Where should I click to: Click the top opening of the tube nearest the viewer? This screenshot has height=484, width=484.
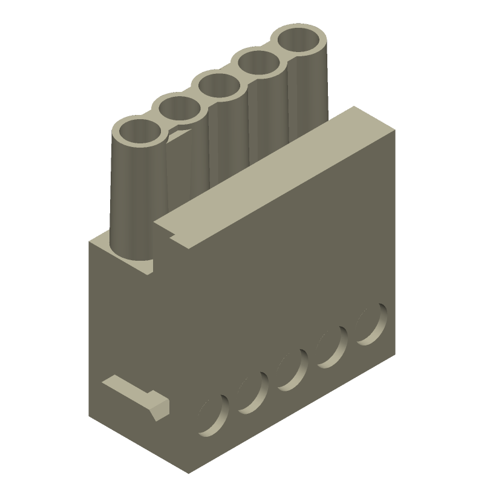point(139,132)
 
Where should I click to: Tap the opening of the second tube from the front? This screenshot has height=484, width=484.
point(180,109)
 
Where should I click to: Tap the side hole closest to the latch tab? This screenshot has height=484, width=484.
point(214,416)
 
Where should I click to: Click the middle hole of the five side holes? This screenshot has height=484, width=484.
point(292,371)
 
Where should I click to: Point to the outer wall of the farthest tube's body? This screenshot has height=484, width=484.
point(309,91)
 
